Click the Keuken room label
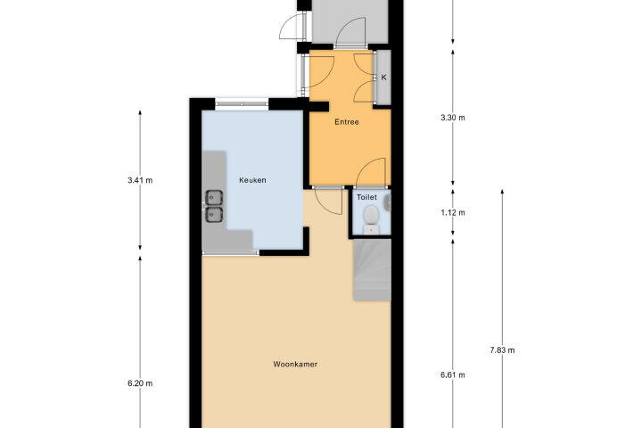coord(252,180)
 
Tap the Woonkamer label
coord(295,364)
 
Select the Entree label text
coord(347,122)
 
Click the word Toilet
coord(366,197)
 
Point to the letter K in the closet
coord(384,78)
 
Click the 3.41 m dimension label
coord(140,180)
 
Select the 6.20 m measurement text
coord(140,383)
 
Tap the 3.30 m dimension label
coord(453,118)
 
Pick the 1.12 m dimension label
coord(453,212)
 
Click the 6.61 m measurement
coord(453,374)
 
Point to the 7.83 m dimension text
coord(502,350)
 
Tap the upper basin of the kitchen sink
coord(214,197)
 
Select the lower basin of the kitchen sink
coord(214,215)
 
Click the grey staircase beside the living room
coord(372,270)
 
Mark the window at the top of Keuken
coord(242,104)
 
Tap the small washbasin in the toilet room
coord(387,202)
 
